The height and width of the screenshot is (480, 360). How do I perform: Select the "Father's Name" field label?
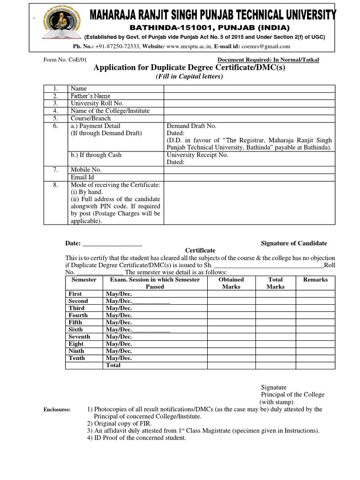(x=90, y=96)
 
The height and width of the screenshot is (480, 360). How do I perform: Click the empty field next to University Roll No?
(x=249, y=103)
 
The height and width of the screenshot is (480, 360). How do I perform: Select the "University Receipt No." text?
(x=197, y=155)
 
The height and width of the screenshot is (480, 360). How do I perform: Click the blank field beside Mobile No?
(x=249, y=170)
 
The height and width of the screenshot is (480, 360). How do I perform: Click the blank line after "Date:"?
(x=112, y=244)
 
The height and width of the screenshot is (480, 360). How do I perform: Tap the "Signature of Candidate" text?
(x=294, y=243)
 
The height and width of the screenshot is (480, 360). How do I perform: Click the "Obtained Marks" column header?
(x=231, y=283)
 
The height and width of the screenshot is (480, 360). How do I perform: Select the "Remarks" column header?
(x=315, y=279)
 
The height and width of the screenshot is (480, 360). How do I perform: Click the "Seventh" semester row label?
(x=79, y=337)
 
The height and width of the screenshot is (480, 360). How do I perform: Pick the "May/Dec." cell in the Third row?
(x=119, y=308)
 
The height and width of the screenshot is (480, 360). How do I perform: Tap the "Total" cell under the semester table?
(x=113, y=365)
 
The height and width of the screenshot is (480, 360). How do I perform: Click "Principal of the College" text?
(x=292, y=395)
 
